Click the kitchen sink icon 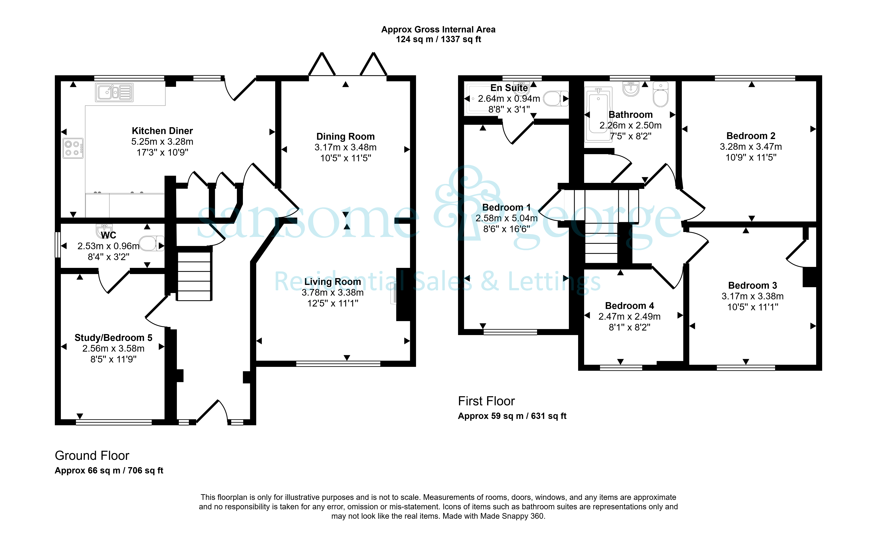(114, 92)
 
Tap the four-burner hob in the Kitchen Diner (73, 148)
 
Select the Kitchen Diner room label (162, 131)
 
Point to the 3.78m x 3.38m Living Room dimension (333, 293)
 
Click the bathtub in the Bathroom (598, 114)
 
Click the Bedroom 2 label (751, 136)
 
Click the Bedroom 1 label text (506, 207)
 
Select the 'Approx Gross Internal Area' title (438, 30)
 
